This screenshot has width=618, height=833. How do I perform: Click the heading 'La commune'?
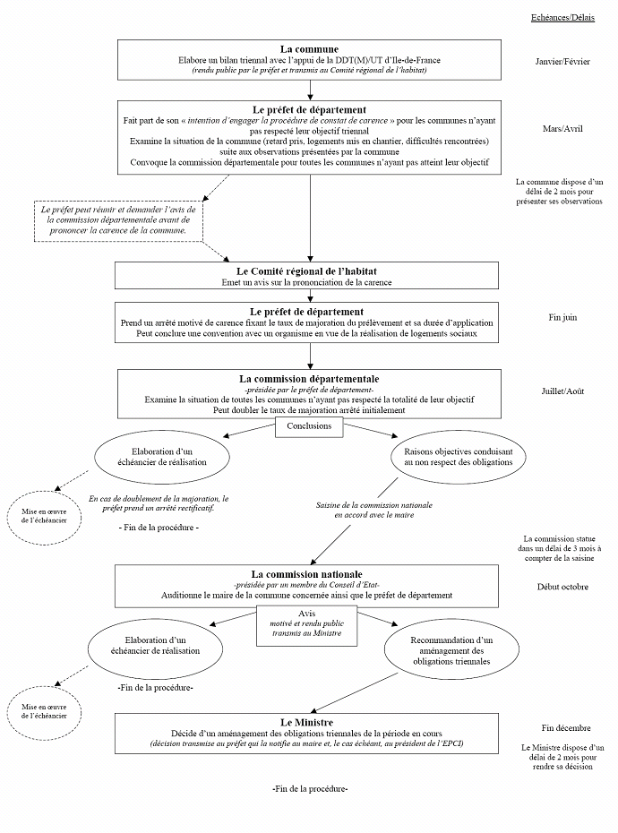309,49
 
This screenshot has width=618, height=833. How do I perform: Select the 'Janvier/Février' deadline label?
562,62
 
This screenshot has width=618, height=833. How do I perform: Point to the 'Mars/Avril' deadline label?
562,129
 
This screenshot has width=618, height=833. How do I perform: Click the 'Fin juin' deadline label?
562,317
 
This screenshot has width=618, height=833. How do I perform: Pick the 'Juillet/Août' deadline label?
562,391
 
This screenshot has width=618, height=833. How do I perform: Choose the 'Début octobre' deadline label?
562,587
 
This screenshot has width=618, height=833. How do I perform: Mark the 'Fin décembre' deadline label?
562,728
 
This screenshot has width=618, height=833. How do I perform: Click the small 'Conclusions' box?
309,426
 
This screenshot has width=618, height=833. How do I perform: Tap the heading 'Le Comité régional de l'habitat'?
309,271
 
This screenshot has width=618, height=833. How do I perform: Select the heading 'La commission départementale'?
309,378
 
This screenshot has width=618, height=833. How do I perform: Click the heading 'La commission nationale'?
309,573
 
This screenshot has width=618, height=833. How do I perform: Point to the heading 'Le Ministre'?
309,721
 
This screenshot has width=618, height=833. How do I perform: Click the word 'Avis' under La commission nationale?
308,614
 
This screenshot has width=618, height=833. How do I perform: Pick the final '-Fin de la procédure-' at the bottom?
309,788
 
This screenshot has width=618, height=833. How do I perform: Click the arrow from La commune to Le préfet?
309,88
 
